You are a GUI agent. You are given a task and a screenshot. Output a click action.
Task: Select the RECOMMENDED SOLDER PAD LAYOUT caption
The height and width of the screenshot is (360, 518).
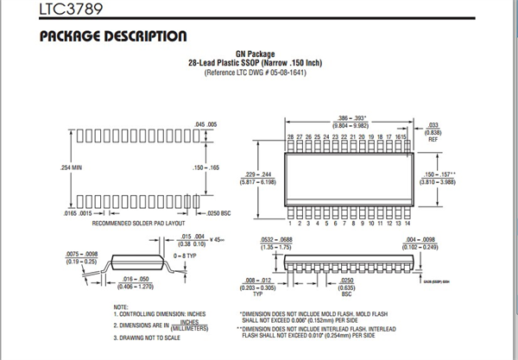tap(139, 223)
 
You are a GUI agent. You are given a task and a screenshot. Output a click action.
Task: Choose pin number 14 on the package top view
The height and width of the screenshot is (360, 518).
tap(407, 223)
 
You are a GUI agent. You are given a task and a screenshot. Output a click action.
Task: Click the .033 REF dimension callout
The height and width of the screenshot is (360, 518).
tap(434, 130)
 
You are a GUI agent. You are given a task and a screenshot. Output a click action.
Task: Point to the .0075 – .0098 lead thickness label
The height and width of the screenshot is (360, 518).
tap(82, 257)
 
